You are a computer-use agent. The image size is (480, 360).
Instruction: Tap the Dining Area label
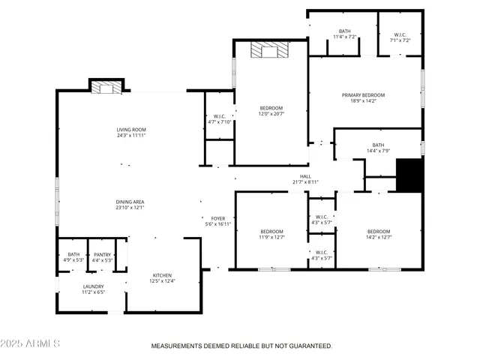pos(130,202)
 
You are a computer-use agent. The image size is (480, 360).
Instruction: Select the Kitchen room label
pos(163,275)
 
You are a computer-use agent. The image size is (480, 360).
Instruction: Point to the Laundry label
pos(94,286)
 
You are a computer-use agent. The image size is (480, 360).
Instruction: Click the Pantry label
pos(102,254)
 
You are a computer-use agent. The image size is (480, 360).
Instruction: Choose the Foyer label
pos(217,218)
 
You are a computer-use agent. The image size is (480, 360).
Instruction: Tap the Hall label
pos(305,176)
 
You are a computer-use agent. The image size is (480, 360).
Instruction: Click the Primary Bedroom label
pos(363,95)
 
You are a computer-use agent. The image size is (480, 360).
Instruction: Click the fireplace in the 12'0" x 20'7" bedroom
pos(268,49)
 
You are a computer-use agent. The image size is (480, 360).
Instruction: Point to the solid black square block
pos(409,176)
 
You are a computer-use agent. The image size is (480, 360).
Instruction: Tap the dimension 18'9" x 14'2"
pos(363,101)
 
